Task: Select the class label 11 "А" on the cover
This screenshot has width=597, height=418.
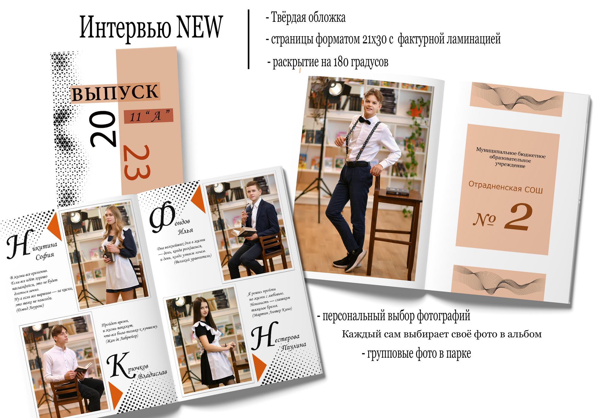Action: [x=148, y=116]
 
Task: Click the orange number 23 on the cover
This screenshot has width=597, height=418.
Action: [x=137, y=162]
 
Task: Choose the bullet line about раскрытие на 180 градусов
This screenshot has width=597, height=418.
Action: [x=328, y=62]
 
